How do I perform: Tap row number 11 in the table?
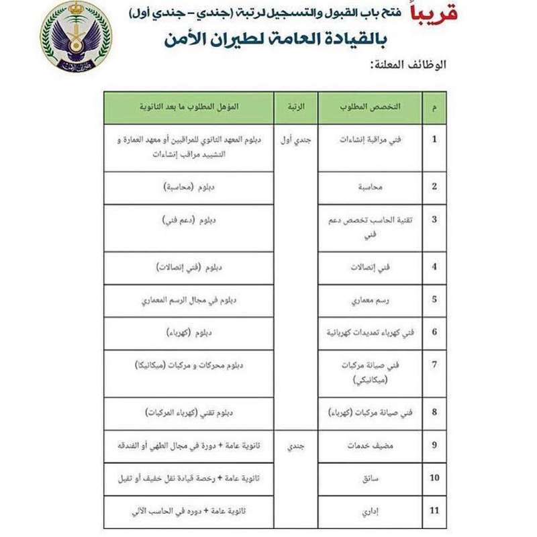pyautogui.click(x=434, y=512)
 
